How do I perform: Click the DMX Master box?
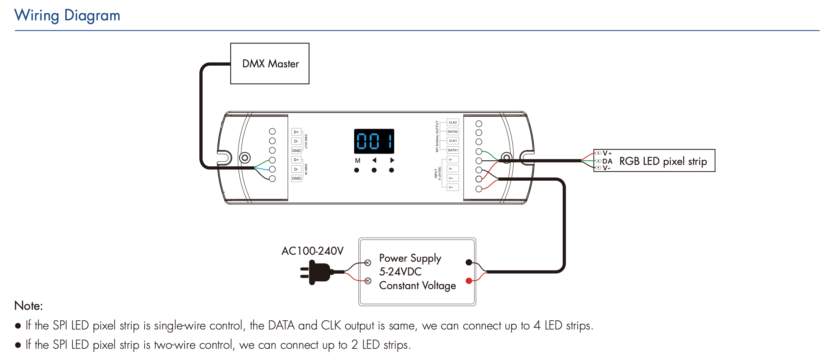pyautogui.click(x=270, y=64)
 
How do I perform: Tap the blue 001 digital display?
pyautogui.click(x=374, y=141)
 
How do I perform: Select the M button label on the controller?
pyautogui.click(x=358, y=161)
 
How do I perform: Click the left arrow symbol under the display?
pyautogui.click(x=374, y=160)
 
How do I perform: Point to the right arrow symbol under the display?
pyautogui.click(x=392, y=160)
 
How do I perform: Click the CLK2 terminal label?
pyautogui.click(x=453, y=122)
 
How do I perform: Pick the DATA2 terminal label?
pyautogui.click(x=453, y=132)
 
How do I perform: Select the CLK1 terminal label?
pyautogui.click(x=453, y=141)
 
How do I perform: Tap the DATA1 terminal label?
pyautogui.click(x=453, y=150)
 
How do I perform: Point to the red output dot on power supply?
pyautogui.click(x=469, y=281)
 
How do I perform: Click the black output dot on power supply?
pyautogui.click(x=469, y=262)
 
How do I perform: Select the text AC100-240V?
pyautogui.click(x=312, y=251)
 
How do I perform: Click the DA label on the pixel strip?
pyautogui.click(x=607, y=161)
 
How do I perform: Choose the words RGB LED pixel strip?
pyautogui.click(x=663, y=161)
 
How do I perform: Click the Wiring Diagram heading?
pyautogui.click(x=67, y=16)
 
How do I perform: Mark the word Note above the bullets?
pyautogui.click(x=28, y=306)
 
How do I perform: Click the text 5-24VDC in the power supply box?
pyautogui.click(x=400, y=272)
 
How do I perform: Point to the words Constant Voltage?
pyautogui.click(x=417, y=286)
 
